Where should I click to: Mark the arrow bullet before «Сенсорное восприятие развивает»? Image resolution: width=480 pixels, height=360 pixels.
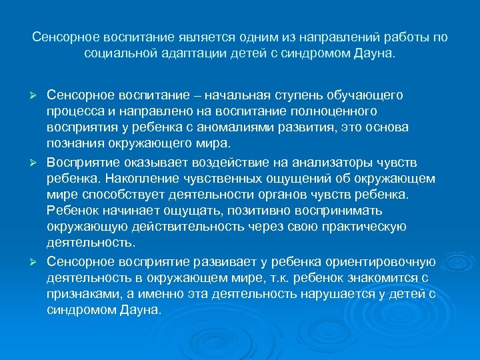[38, 261]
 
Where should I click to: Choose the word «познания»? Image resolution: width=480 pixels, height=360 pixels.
[76, 143]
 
